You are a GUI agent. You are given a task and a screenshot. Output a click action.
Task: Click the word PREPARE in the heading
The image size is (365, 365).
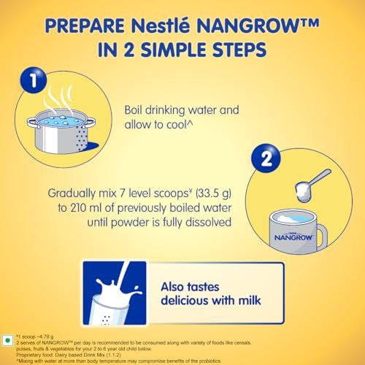(85, 26)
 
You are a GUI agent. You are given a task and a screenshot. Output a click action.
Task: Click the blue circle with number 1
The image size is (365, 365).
(34, 80)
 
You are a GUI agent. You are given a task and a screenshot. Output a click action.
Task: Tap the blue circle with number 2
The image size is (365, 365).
(266, 158)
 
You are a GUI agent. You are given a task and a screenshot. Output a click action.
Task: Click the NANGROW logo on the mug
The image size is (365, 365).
(293, 237)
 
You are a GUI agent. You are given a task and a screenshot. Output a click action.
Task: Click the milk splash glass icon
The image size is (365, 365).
(115, 293)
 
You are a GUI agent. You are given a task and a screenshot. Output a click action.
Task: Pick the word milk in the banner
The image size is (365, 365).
(250, 300)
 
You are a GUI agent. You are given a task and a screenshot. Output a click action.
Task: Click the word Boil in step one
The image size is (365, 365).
(133, 110)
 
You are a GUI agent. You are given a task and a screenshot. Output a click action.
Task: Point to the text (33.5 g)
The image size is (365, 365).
(213, 193)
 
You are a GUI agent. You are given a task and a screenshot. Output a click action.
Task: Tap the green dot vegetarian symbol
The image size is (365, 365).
(7, 340)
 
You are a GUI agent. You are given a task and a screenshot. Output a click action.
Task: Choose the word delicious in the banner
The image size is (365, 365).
(183, 300)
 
